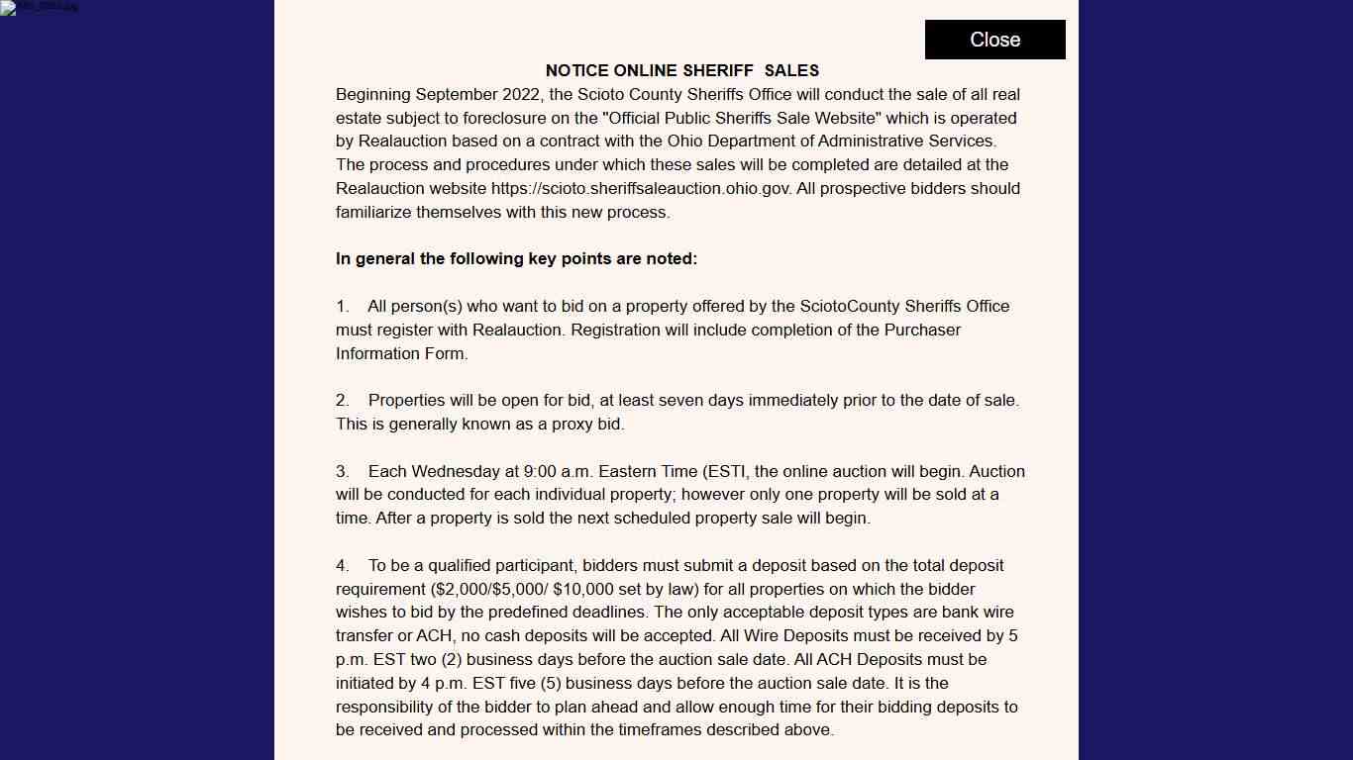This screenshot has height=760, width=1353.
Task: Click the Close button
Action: click(x=994, y=40)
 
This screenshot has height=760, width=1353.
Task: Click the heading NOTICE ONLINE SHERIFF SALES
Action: click(x=681, y=71)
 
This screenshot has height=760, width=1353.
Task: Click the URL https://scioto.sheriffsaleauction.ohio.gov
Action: click(x=641, y=188)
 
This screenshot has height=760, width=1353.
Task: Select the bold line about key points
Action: click(x=516, y=259)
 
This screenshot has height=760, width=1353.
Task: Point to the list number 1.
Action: click(x=342, y=307)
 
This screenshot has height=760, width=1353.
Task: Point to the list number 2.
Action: click(x=342, y=401)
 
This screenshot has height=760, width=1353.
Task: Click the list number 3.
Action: click(x=342, y=471)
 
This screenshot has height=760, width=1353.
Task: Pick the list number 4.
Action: click(x=342, y=566)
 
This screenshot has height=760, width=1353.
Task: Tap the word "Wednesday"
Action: click(x=459, y=471)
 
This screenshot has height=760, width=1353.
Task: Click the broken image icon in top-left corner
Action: click(x=9, y=8)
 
